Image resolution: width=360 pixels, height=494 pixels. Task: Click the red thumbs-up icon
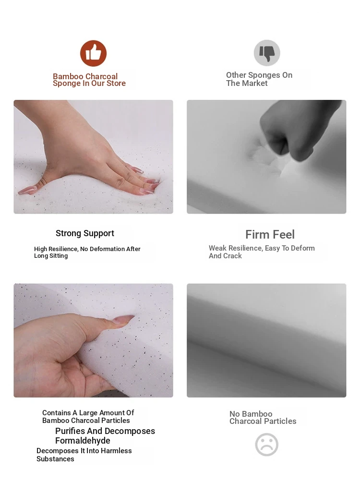point(93,53)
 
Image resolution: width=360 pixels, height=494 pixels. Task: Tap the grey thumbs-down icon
point(267,53)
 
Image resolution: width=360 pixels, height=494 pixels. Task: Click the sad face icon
point(267,445)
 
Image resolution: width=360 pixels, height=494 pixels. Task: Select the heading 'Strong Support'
point(85,233)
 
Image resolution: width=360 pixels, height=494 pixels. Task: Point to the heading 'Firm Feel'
point(270,234)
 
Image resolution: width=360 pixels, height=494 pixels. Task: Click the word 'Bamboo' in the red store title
point(68,76)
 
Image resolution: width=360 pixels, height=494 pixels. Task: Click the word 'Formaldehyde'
point(83,440)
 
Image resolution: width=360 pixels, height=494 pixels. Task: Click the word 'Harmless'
point(116,451)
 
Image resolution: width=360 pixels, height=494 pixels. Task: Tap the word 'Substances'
point(55,459)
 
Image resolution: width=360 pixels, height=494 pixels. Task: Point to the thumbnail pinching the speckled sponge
point(124,319)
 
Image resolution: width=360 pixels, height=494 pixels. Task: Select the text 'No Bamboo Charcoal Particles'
point(263,418)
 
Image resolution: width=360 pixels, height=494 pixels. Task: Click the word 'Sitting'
point(59,256)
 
